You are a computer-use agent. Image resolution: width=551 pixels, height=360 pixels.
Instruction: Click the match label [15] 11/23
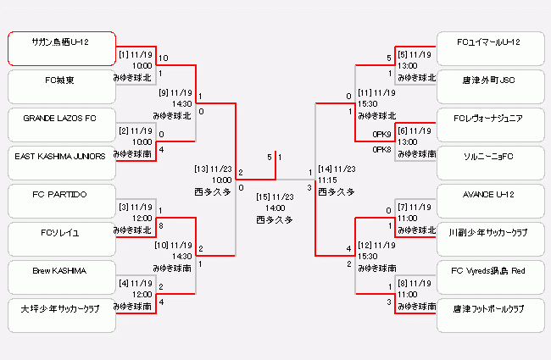pos(275,197)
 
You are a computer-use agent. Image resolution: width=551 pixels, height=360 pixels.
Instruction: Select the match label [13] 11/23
pos(212,169)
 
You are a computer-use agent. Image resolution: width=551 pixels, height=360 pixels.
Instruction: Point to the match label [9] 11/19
pos(175,92)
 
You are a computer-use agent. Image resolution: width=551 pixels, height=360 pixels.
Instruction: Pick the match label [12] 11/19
pos(376,245)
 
